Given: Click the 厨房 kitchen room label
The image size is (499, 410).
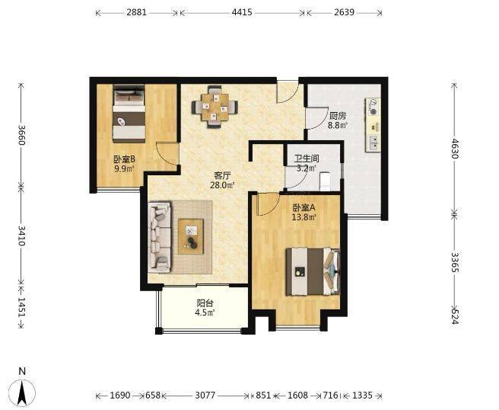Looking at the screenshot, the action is coord(337,115).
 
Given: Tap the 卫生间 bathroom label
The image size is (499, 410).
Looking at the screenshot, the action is coord(307,159).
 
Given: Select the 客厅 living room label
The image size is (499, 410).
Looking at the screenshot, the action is coord(222,175).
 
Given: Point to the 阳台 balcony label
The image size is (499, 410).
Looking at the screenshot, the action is coord(205,303).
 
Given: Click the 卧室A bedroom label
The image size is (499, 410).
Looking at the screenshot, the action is coord(304,208).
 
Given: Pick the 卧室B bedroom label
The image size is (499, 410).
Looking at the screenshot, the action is coord(125,159).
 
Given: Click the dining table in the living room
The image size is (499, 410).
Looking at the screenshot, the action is coord(215,107).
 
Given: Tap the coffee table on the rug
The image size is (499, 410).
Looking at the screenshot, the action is coord(191,236).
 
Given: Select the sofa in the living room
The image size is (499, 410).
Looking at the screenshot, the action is coord(160,237).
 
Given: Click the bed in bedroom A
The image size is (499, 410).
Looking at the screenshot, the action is coord(313,271).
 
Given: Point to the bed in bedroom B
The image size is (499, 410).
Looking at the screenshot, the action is coord(129,114).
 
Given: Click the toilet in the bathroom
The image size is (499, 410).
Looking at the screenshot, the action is coord(325,181).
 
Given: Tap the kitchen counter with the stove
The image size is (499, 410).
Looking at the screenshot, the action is coord(373,125).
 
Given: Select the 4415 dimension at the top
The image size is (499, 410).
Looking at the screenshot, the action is coord(242,12).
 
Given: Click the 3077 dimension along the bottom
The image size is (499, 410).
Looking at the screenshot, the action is coord(205,396).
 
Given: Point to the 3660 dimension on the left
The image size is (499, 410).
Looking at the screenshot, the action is coord(21,135).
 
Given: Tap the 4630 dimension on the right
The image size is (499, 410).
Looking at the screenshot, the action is coord(454,149).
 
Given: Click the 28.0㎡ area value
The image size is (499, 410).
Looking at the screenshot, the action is coord(222,185).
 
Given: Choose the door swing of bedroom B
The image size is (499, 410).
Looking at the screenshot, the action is coord(167,154).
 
